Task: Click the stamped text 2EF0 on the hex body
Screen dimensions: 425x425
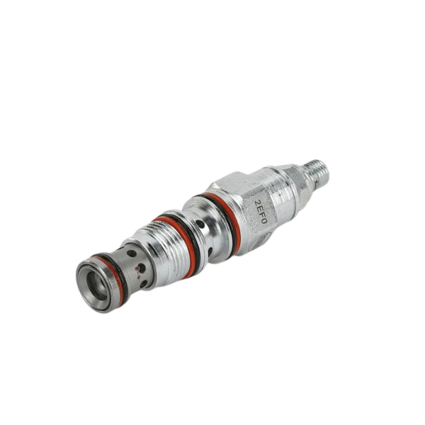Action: [x=261, y=211]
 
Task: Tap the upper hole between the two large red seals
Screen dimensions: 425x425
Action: [x=202, y=225]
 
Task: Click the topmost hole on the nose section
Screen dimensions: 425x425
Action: [x=132, y=253]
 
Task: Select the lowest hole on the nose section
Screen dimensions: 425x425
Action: [x=144, y=283]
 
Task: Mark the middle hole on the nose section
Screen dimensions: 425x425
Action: [x=142, y=268]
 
